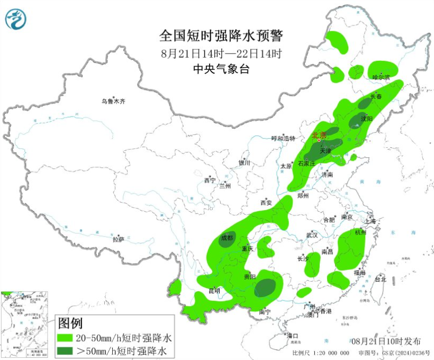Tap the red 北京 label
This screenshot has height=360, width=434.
coord(319,135)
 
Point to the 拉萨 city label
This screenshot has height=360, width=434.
coord(118,239)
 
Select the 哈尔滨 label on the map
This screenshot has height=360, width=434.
coord(381,77)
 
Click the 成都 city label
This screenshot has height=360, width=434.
coord(227,238)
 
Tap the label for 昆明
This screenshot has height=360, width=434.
coord(214,291)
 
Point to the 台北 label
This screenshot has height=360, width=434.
coord(380,279)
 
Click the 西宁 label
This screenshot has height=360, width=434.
coord(210,181)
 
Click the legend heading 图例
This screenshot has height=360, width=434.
coord(70,322)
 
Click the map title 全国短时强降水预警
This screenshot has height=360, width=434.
coord(222,36)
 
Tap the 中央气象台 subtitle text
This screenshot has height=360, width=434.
coord(222,69)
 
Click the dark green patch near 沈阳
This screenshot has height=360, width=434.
coord(355,121)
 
